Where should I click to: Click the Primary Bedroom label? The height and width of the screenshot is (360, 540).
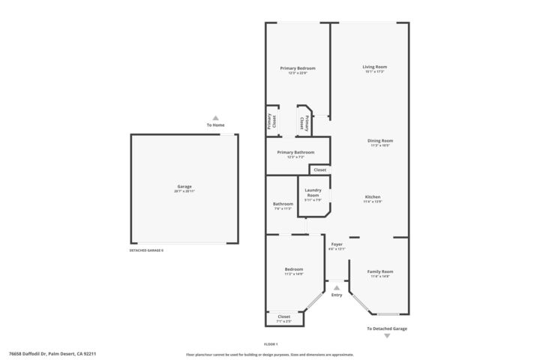click(298, 68)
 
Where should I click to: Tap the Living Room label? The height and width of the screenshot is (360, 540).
click(375, 67)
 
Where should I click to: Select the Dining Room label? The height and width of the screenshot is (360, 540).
click(380, 140)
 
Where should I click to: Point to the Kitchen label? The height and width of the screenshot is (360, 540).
click(373, 196)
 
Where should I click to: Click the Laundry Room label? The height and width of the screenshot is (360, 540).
click(313, 193)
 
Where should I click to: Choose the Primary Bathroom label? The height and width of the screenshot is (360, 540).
click(295, 152)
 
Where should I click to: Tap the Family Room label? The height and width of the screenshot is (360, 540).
click(380, 271)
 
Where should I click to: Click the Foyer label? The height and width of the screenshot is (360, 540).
click(337, 244)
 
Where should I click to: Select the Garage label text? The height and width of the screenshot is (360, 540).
click(184, 186)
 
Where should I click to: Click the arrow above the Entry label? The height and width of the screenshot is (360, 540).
click(337, 287)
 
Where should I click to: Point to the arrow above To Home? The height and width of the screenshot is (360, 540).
click(216, 118)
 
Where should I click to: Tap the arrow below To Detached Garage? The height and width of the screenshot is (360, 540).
click(387, 336)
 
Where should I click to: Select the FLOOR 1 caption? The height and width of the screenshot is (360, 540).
click(271, 343)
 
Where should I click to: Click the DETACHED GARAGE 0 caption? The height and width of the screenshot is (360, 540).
click(146, 250)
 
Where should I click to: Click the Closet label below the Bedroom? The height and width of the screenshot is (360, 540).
click(284, 316)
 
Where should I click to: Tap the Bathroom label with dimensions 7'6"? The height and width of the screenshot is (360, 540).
click(283, 204)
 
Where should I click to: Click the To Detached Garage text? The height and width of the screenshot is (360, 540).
click(387, 328)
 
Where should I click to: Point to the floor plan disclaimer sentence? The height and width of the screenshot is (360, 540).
click(270, 355)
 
